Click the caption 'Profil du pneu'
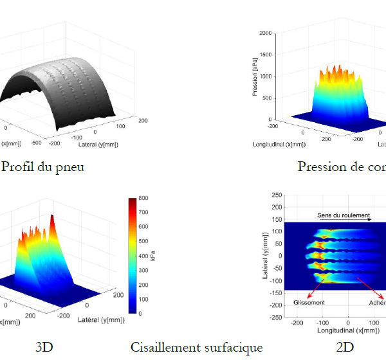(43, 167)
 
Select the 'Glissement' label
(309, 302)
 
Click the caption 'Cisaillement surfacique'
(196, 348)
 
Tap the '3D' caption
(44, 348)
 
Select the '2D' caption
(344, 348)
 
